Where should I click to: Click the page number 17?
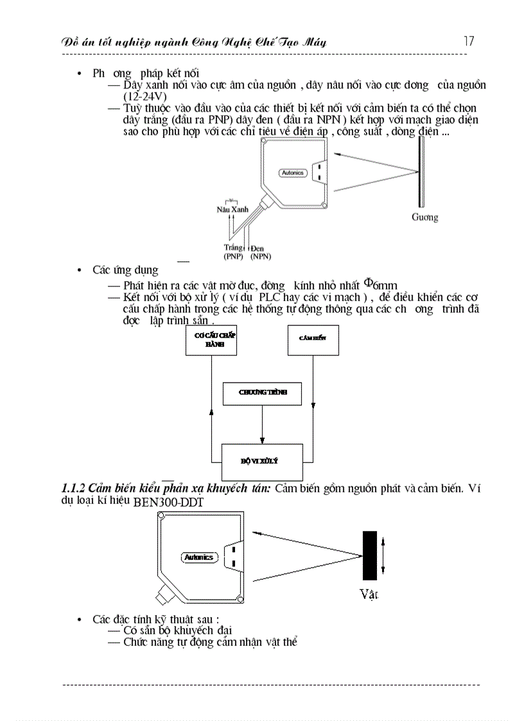click(x=469, y=41)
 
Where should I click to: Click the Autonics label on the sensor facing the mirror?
click(x=293, y=173)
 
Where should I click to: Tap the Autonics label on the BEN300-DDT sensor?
click(x=198, y=557)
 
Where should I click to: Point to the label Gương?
click(x=424, y=218)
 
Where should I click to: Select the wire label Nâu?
click(x=223, y=210)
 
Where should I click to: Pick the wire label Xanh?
click(x=240, y=210)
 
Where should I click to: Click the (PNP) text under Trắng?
click(x=234, y=256)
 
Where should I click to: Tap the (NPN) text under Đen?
click(x=260, y=256)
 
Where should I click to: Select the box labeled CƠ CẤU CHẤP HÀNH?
click(x=211, y=340)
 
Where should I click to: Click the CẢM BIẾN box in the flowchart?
click(x=313, y=340)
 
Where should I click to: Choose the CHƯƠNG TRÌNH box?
click(x=262, y=393)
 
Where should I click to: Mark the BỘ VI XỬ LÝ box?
click(x=262, y=462)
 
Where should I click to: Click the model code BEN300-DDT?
click(x=168, y=503)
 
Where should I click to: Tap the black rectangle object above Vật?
click(x=369, y=555)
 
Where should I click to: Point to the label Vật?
click(x=369, y=595)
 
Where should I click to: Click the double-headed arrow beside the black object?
click(x=384, y=556)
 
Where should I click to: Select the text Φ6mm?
click(x=381, y=284)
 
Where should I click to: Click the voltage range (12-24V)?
click(x=145, y=96)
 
